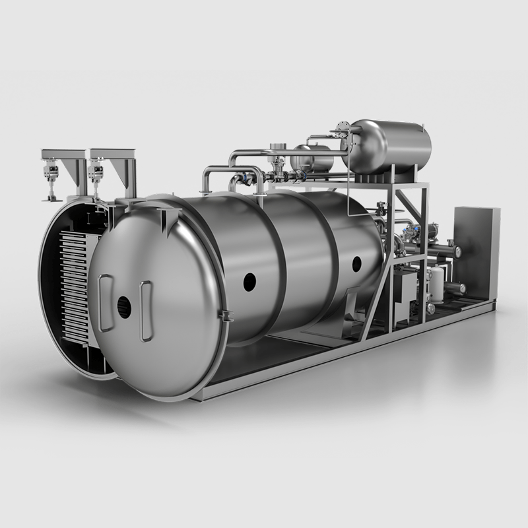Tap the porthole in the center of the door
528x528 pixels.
pyautogui.click(x=123, y=307)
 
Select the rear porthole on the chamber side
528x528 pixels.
pyautogui.click(x=357, y=264)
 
